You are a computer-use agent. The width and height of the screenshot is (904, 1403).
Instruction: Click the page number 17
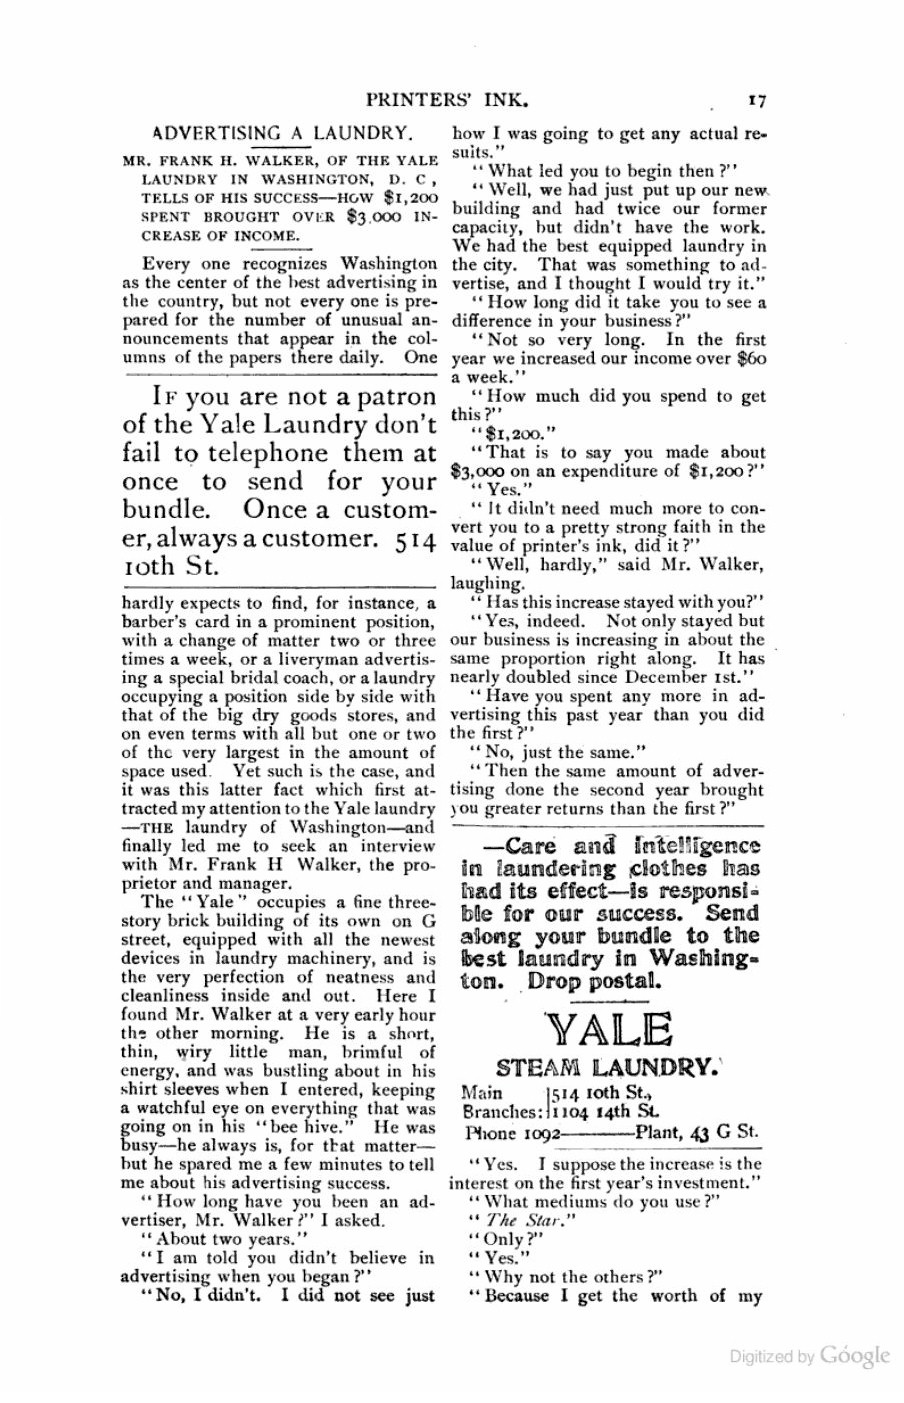(x=755, y=100)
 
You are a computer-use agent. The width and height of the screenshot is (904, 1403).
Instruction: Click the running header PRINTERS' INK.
(x=447, y=100)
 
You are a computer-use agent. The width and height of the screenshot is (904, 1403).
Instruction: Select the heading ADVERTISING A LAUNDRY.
(x=281, y=133)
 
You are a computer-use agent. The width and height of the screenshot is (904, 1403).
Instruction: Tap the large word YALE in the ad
(x=608, y=1031)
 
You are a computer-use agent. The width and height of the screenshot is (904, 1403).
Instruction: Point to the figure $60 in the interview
(x=751, y=359)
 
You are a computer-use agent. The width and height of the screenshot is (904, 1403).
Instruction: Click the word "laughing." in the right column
(x=487, y=584)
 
